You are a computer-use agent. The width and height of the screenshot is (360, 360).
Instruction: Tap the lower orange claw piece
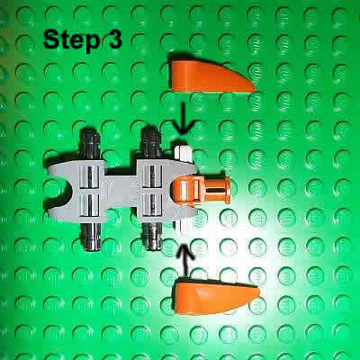[212, 298]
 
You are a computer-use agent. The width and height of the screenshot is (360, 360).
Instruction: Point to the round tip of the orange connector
[226, 190]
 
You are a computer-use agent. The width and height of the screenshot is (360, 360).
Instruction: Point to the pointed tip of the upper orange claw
[252, 87]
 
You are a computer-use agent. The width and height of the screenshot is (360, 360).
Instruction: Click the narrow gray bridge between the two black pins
[120, 190]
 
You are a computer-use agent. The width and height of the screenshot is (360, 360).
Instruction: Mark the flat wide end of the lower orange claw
[179, 301]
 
